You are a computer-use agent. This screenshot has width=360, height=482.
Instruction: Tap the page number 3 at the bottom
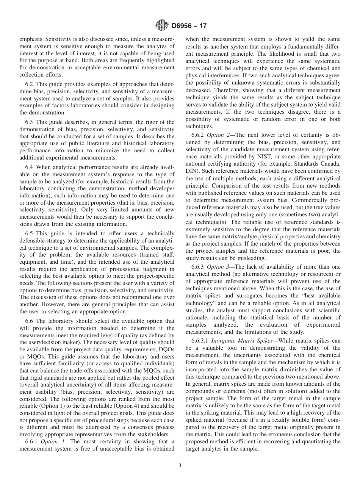180,466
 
